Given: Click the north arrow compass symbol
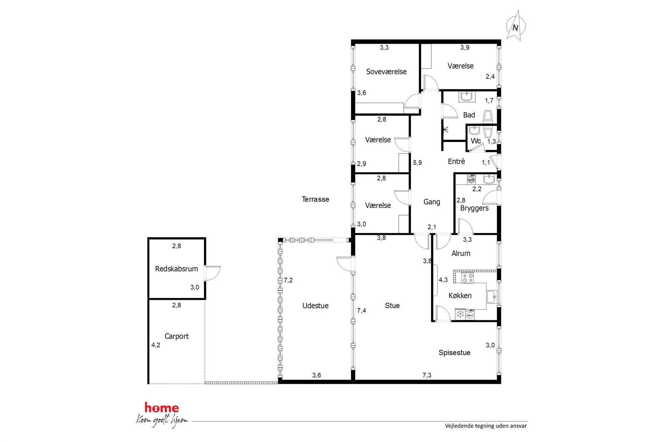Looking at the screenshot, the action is (516, 26).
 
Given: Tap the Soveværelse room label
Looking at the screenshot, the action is (386, 71).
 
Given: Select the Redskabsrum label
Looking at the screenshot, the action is (176, 269).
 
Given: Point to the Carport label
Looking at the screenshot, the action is (176, 336).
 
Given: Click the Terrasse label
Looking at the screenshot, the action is (315, 199).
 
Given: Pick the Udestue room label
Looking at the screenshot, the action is (315, 305).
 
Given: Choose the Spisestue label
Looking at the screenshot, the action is (454, 352).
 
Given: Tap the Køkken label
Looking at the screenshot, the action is (460, 295).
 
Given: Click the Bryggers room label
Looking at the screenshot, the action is (474, 208).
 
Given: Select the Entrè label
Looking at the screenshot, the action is (456, 161).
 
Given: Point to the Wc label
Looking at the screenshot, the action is (476, 141).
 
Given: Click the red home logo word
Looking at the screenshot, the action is (162, 408).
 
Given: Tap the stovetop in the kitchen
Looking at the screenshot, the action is (468, 278).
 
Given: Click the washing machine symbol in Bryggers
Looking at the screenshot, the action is (471, 180).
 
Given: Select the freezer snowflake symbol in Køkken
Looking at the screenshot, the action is (460, 314).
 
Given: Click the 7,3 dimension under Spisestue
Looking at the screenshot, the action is (427, 375).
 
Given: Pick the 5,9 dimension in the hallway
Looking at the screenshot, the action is (417, 163).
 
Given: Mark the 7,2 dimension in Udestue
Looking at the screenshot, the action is (288, 280).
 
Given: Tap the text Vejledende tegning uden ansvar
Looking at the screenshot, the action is (486, 426).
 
